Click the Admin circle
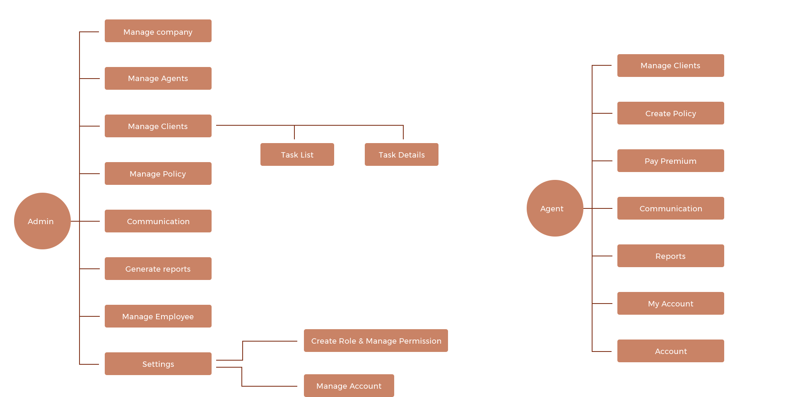pyautogui.click(x=42, y=221)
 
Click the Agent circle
pyautogui.click(x=555, y=208)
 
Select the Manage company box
pyautogui.click(x=158, y=31)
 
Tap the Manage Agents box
pyautogui.click(x=158, y=79)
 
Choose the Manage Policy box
pyautogui.click(x=158, y=174)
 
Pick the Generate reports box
pyautogui.click(x=158, y=269)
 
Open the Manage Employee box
pyautogui.click(x=158, y=316)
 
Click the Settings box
pyautogui.click(x=158, y=364)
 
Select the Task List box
pyautogui.click(x=297, y=155)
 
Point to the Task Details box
pyautogui.click(x=401, y=155)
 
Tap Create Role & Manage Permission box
pyautogui.click(x=376, y=341)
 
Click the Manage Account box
pyautogui.click(x=349, y=386)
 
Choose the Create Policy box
pyautogui.click(x=670, y=113)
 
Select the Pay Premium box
pyautogui.click(x=670, y=161)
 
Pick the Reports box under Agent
pyautogui.click(x=670, y=256)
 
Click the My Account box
pyautogui.click(x=670, y=304)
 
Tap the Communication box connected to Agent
pyautogui.click(x=670, y=208)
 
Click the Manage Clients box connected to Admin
pyautogui.click(x=158, y=126)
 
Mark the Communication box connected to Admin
pyautogui.click(x=158, y=221)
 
